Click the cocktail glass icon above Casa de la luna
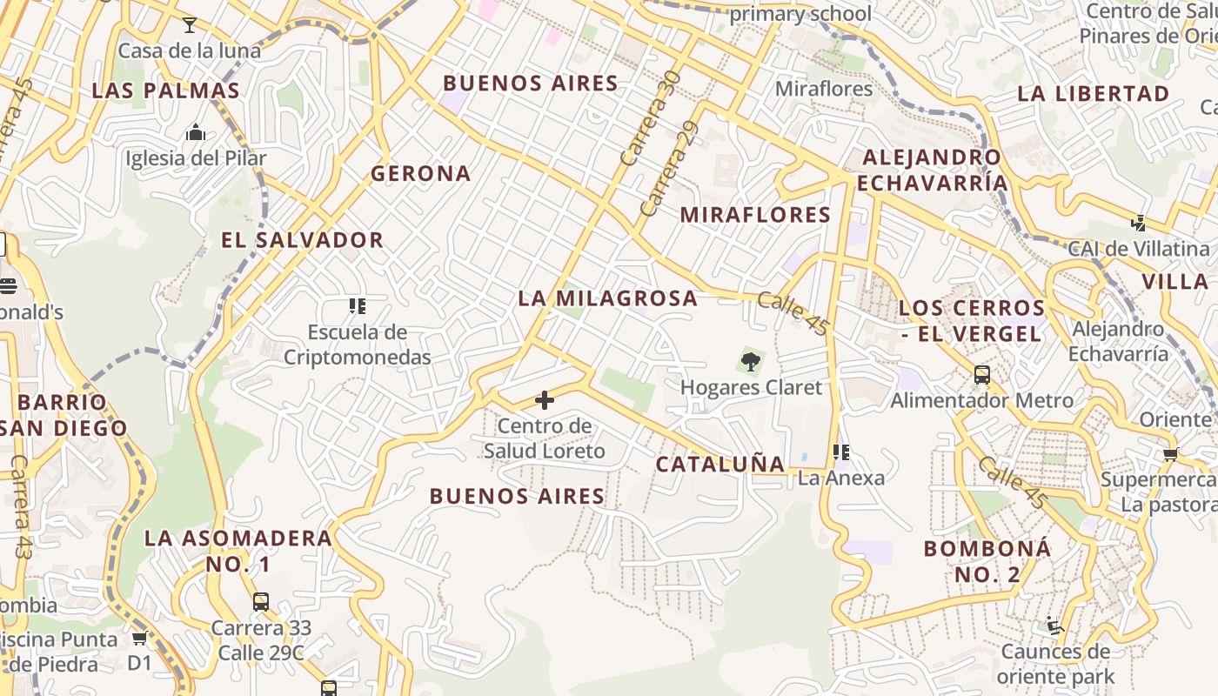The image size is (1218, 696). coord(190,24)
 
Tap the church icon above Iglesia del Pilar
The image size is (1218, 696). coord(196,133)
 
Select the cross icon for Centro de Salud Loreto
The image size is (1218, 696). coord(545,400)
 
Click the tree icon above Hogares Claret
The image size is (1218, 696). coord(750,361)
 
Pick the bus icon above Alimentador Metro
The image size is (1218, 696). coord(982,375)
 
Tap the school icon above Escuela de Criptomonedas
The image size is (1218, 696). coord(357,306)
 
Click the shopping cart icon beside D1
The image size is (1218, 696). coord(139,639)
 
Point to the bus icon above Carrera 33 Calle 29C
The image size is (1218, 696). coord(260,601)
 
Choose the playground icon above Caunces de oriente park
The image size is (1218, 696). coord(1054,626)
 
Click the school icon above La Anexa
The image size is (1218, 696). coord(840,452)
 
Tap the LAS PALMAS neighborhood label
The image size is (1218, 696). coord(165,90)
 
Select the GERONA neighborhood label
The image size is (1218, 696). coord(421,173)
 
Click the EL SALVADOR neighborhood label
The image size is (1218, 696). coord(302,240)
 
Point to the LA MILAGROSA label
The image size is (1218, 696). coord(608,298)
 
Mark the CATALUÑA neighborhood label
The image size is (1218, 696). coord(719,465)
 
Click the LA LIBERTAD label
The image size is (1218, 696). coord(1093,93)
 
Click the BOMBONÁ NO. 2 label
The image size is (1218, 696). coord(987,561)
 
